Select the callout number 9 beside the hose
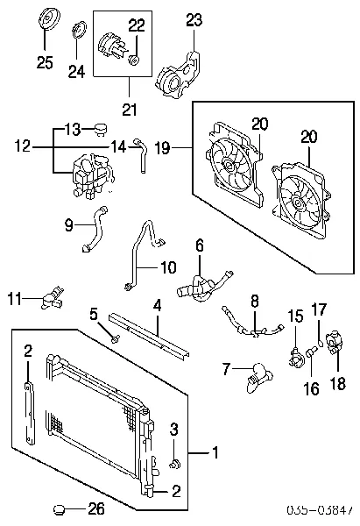point(69,226)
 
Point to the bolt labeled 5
point(115,337)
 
